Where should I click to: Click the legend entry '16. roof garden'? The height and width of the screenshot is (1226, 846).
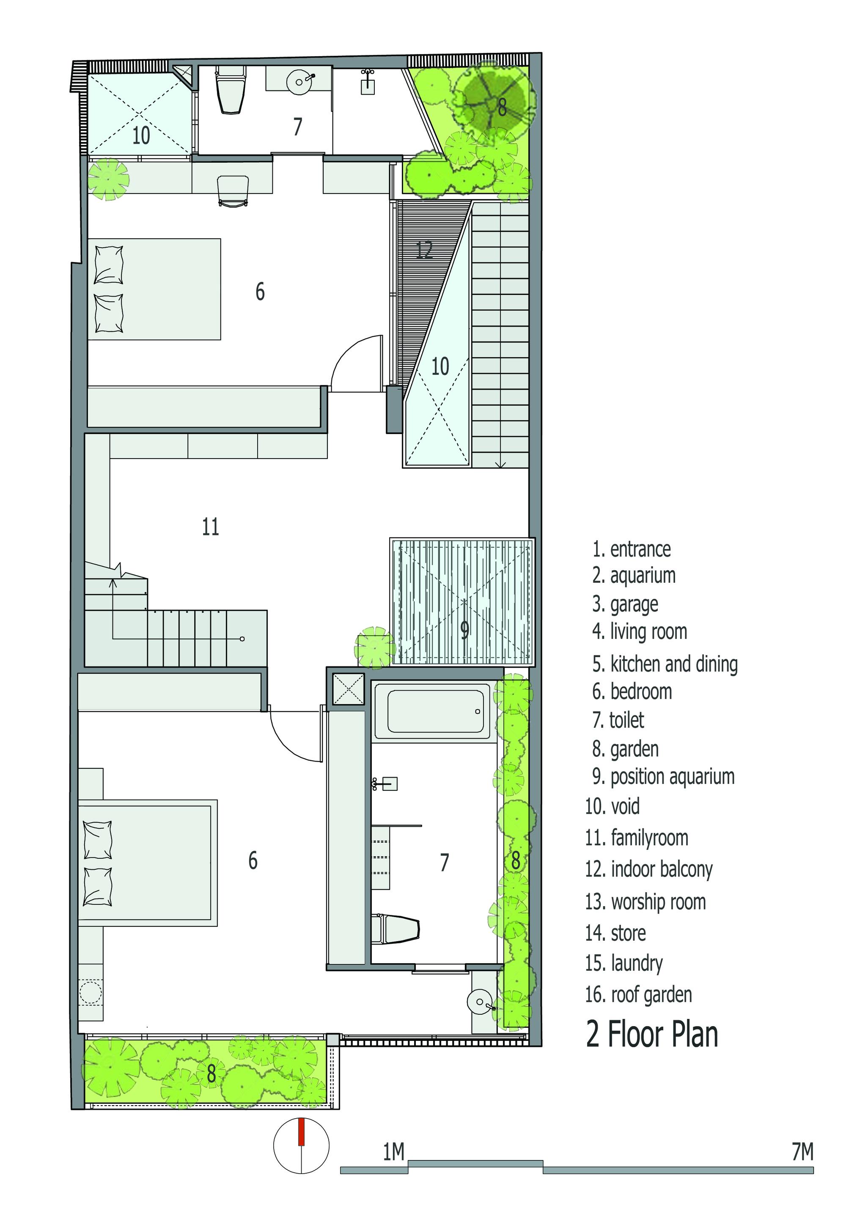click(639, 994)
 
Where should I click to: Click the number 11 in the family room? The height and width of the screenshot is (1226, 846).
click(210, 527)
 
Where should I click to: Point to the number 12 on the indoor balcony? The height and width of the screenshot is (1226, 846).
click(424, 250)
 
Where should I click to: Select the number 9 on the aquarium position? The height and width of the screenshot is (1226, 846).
click(464, 630)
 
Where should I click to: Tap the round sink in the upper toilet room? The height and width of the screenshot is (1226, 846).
click(301, 82)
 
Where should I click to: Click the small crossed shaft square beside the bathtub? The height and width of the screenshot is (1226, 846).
click(348, 689)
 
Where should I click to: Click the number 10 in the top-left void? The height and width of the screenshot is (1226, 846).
click(141, 136)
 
